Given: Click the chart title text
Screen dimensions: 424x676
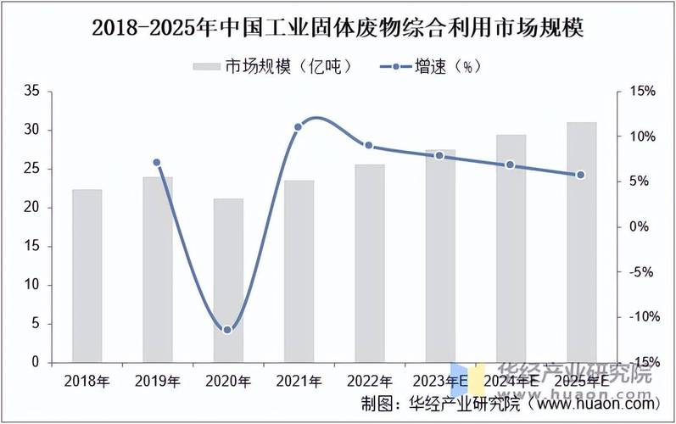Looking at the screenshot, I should click(x=338, y=27).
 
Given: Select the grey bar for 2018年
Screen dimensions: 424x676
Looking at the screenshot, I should click(x=87, y=276).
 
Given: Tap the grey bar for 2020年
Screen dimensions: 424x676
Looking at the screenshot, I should click(x=228, y=280).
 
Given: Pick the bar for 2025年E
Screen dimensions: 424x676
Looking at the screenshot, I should click(x=582, y=242).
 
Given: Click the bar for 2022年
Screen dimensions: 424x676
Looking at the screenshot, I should click(x=370, y=263).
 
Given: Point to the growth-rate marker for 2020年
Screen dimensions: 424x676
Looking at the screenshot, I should click(x=227, y=329).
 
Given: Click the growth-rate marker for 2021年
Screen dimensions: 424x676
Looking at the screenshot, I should click(x=298, y=127).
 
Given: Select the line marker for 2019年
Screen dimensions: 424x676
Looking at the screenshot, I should click(x=157, y=162).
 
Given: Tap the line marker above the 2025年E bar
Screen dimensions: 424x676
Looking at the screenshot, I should click(x=581, y=175).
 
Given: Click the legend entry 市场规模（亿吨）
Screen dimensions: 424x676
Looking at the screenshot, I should click(x=271, y=65).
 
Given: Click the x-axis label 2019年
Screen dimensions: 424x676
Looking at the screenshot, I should click(x=157, y=381).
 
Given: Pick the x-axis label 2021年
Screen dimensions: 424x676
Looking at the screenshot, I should click(x=299, y=381).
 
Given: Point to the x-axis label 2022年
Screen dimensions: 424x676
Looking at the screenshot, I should click(x=370, y=381).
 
